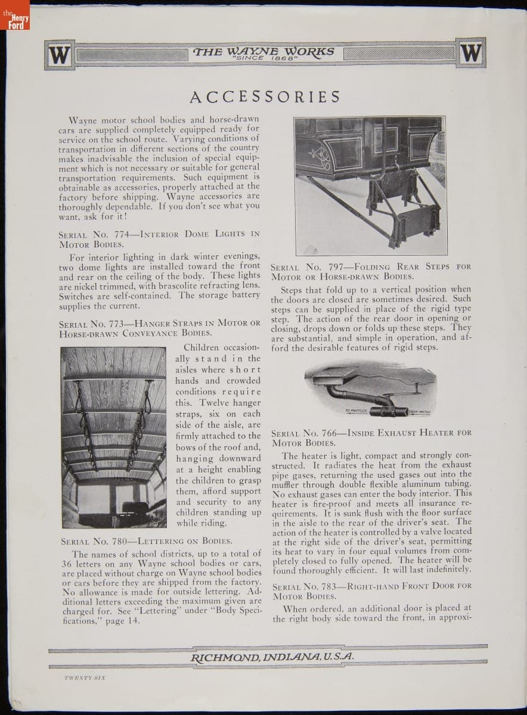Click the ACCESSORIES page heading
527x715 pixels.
pyautogui.click(x=265, y=97)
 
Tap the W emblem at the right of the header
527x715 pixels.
pyautogui.click(x=470, y=54)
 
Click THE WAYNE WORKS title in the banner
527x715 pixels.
pyautogui.click(x=264, y=51)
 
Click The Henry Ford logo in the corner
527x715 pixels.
pyautogui.click(x=14, y=22)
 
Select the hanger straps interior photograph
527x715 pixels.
pyautogui.click(x=114, y=438)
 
